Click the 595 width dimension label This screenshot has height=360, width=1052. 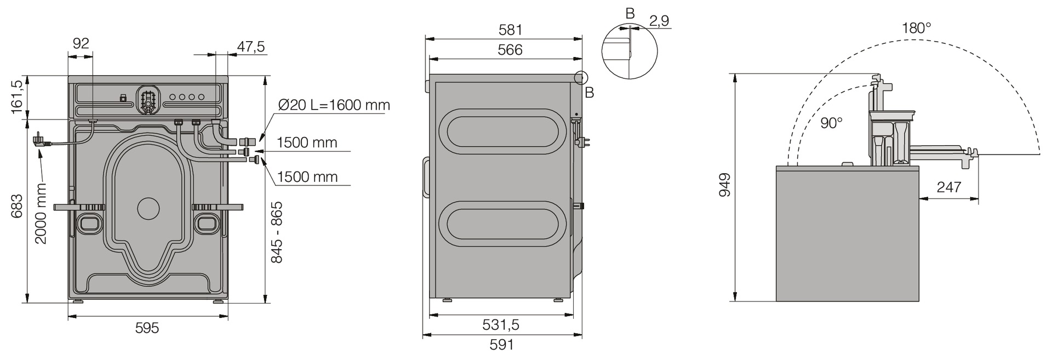(x=147, y=328)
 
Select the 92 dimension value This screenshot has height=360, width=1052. (x=81, y=43)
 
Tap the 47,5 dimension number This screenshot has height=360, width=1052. (x=251, y=47)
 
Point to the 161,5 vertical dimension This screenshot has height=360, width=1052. (x=17, y=97)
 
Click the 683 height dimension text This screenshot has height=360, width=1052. (x=17, y=205)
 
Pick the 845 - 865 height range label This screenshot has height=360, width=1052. (x=277, y=232)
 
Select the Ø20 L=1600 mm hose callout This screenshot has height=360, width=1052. (x=334, y=105)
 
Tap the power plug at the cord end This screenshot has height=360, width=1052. (x=41, y=140)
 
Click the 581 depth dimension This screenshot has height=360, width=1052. (x=510, y=30)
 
